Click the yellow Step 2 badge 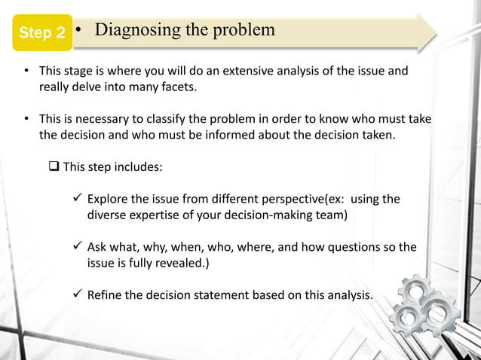point(41,32)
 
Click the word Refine point(105,294)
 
